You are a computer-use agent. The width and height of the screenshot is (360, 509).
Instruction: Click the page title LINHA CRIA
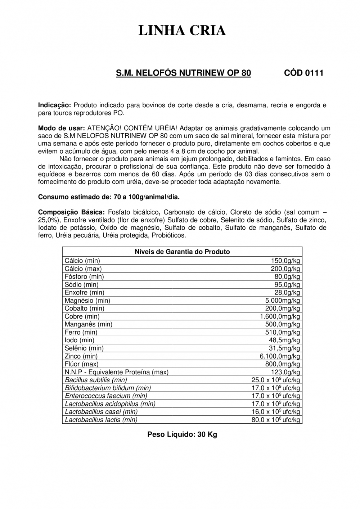pos(182,31)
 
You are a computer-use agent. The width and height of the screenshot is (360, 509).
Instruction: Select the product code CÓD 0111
pos(303,73)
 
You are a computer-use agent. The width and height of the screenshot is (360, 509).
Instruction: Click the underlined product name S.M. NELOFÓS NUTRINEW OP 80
pos(183,73)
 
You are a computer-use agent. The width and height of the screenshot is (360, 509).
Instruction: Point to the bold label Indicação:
pos(55,105)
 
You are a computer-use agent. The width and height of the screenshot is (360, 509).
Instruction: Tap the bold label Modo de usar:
pos(62,128)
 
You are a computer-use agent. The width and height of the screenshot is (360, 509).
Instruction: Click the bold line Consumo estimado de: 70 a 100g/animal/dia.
pos(109,197)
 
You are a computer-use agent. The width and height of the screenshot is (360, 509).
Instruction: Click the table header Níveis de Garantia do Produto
pos(182,252)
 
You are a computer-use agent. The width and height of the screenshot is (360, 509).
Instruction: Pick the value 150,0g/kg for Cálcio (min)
pos(285,261)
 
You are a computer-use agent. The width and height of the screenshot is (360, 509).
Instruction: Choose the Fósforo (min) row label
pos(84,276)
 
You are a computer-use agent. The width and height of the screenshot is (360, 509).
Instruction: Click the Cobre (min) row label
pos(82,316)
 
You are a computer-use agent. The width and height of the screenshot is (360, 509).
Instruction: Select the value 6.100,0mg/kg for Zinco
pos(280,356)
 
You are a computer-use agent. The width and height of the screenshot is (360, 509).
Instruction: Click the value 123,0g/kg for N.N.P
pos(285,372)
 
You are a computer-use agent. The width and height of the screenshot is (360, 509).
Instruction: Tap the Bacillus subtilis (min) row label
pos(96,380)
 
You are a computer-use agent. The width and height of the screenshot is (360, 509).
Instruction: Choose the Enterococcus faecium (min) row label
pos(104,396)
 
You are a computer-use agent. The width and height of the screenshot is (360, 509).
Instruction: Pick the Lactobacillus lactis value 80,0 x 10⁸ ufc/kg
pos(276,420)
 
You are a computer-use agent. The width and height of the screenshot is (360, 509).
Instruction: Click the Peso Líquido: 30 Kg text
pos(182,434)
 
